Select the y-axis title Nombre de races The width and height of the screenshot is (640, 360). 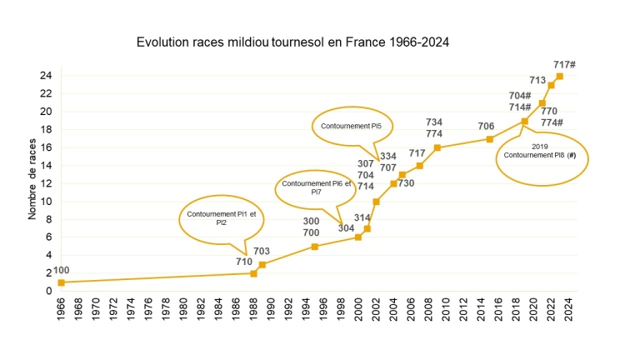pyautogui.click(x=32, y=180)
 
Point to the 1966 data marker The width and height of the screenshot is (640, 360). pyautogui.click(x=61, y=282)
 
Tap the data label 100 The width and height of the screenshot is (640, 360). pyautogui.click(x=62, y=271)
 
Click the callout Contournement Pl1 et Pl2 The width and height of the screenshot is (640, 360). pyautogui.click(x=222, y=219)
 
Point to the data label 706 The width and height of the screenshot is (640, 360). pyautogui.click(x=486, y=127)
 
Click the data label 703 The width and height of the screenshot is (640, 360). pyautogui.click(x=262, y=252)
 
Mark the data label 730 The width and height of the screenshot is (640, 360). pyautogui.click(x=406, y=183)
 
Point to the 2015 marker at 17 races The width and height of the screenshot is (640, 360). pyautogui.click(x=489, y=138)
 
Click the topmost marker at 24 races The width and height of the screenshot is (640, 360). pyautogui.click(x=559, y=76)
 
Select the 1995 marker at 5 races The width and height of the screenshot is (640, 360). pyautogui.click(x=314, y=246)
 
